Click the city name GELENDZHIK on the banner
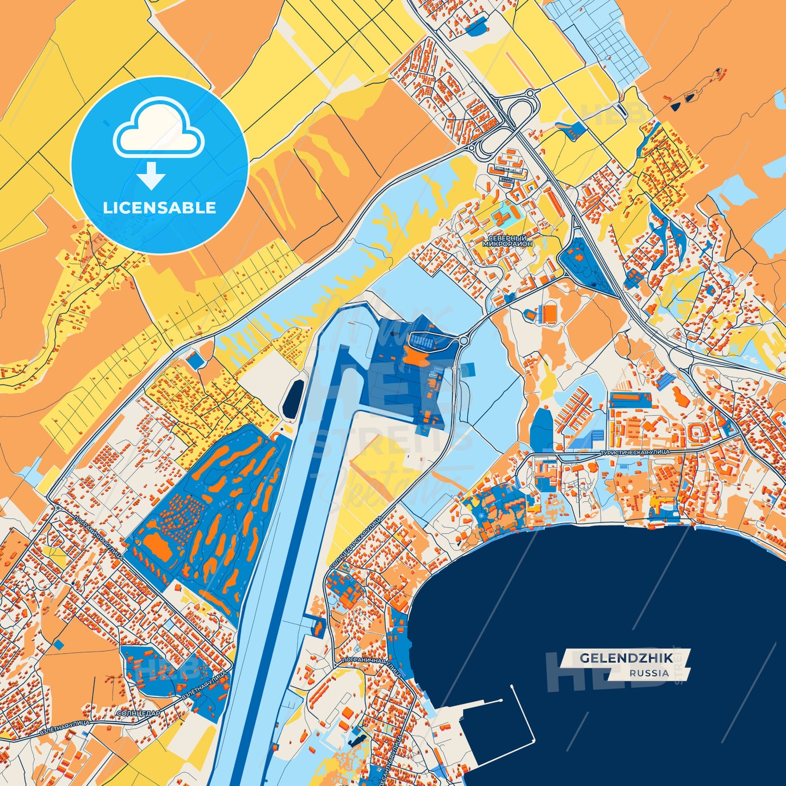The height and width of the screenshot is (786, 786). point(626,658)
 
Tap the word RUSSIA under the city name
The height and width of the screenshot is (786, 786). point(649,673)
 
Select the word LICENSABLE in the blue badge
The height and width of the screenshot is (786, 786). point(159,207)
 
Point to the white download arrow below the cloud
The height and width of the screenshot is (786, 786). point(151,175)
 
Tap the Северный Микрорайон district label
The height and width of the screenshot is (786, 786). point(508,242)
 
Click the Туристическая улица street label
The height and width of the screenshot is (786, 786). point(634,452)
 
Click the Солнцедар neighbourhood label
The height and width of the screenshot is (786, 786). point(139,713)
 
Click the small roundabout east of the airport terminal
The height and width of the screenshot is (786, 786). point(464,340)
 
